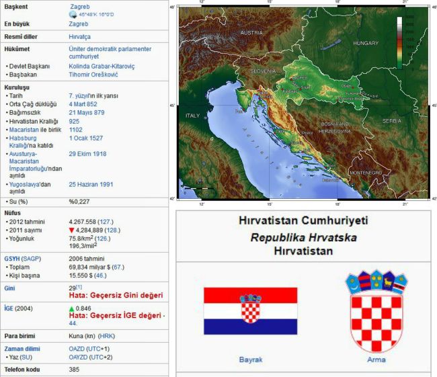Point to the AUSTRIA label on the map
tap(251, 32)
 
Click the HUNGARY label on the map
tap(366, 42)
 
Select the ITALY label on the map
tap(193, 115)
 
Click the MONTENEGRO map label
tap(364, 173)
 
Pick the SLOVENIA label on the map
tap(263, 70)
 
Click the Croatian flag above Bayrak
tap(250, 311)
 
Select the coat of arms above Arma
tap(376, 306)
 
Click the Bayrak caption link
tap(250, 360)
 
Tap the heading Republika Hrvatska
tap(303, 237)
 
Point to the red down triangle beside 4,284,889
tap(71, 230)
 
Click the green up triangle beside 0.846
tap(72, 308)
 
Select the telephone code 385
tap(74, 369)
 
